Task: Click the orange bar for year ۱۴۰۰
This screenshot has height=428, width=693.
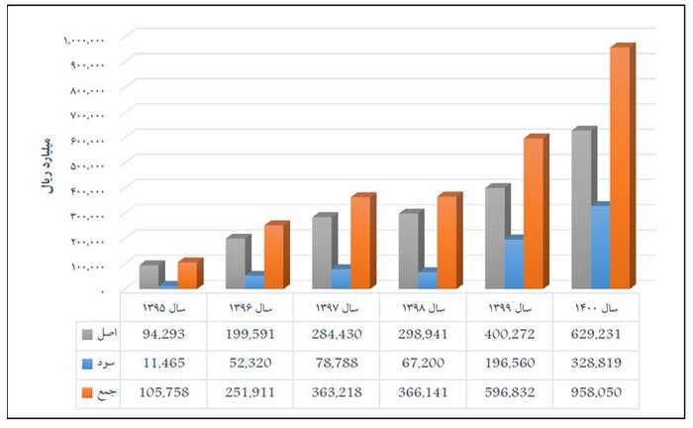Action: (x=619, y=168)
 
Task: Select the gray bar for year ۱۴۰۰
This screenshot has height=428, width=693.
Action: (x=581, y=208)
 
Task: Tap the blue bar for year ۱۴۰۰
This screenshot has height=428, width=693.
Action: (x=599, y=248)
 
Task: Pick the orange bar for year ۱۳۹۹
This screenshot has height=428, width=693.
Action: (x=533, y=213)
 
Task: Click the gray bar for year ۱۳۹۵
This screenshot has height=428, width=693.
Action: (x=148, y=276)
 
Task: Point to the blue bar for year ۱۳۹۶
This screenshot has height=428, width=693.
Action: (x=253, y=281)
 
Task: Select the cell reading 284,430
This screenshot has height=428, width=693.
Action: (x=336, y=335)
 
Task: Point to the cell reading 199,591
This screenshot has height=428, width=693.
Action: (x=248, y=335)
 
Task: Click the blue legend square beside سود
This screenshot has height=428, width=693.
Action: (x=87, y=363)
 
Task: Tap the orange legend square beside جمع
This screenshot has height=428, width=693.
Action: (x=87, y=391)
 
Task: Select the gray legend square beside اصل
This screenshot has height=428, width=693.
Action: (x=87, y=335)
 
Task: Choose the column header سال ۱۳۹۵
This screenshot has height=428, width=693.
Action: (x=162, y=306)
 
